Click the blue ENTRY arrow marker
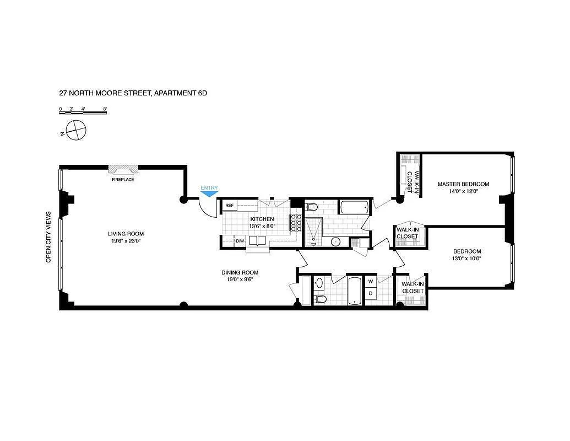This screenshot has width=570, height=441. [209, 194]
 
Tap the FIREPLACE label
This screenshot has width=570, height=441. [123, 179]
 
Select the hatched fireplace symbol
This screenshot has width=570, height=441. [123, 169]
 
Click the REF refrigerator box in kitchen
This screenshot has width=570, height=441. [230, 206]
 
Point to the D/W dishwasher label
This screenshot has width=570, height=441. [240, 241]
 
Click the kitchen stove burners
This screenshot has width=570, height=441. [295, 223]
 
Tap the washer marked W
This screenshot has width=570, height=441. [371, 282]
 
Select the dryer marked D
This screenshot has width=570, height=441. [371, 293]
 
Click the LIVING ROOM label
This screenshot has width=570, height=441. [126, 234]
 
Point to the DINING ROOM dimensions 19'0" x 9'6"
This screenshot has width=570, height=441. [240, 279]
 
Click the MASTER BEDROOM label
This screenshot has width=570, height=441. [463, 184]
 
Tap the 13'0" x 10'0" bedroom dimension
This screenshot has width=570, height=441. [467, 259]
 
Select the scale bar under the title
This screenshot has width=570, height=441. [83, 112]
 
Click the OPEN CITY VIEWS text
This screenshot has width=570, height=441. [48, 237]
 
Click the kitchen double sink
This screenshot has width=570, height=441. [258, 241]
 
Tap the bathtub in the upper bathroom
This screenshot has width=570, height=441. [354, 207]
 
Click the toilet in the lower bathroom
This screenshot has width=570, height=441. [321, 299]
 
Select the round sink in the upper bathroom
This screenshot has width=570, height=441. [336, 241]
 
